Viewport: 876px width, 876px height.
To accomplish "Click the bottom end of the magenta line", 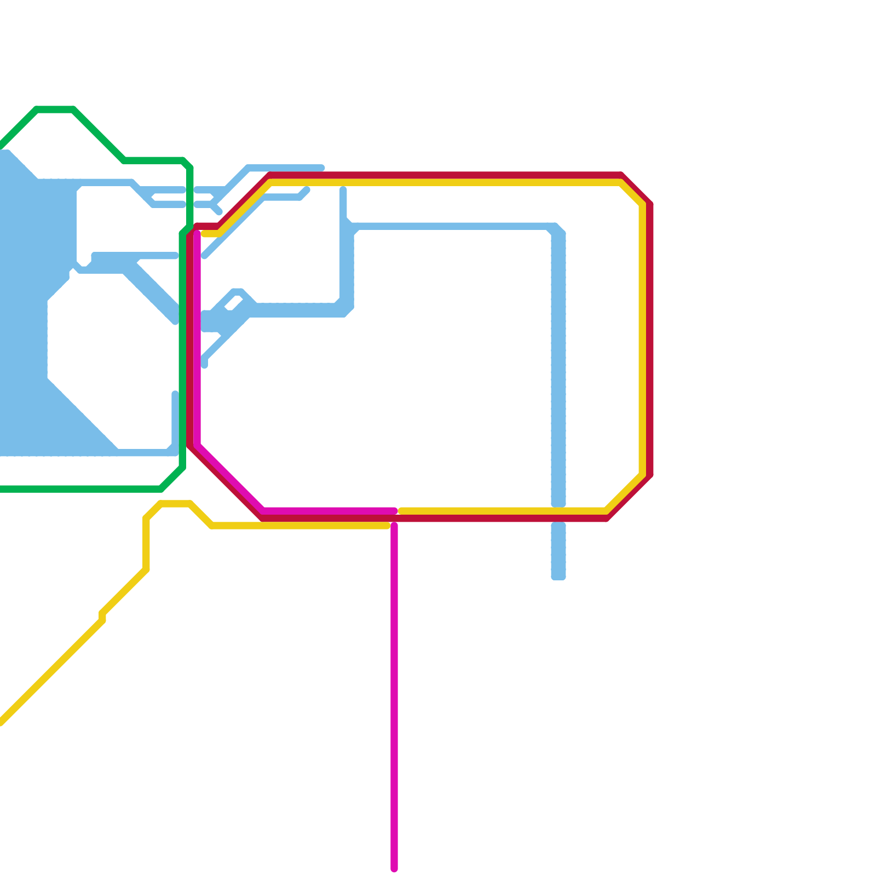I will [x=394, y=868].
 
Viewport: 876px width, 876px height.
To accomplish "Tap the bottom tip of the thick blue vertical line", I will [x=558, y=577].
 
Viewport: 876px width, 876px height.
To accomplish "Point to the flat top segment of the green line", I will [x=55, y=109].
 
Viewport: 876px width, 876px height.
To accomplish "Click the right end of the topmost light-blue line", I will [x=322, y=168].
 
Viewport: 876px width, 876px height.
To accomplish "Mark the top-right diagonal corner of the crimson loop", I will [x=636, y=189].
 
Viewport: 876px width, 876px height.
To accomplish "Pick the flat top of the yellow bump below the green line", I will [x=175, y=504].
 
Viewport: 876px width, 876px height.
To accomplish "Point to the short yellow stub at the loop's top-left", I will [x=211, y=234].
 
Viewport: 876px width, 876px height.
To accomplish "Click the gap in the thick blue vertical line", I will [x=558, y=515].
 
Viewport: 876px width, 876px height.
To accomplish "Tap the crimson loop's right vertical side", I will [x=650, y=339].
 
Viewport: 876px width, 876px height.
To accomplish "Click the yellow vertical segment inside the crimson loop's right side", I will [x=642, y=339].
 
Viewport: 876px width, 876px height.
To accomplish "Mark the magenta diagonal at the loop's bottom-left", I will [x=230, y=478].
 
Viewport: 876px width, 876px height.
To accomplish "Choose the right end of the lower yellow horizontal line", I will [x=387, y=526].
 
